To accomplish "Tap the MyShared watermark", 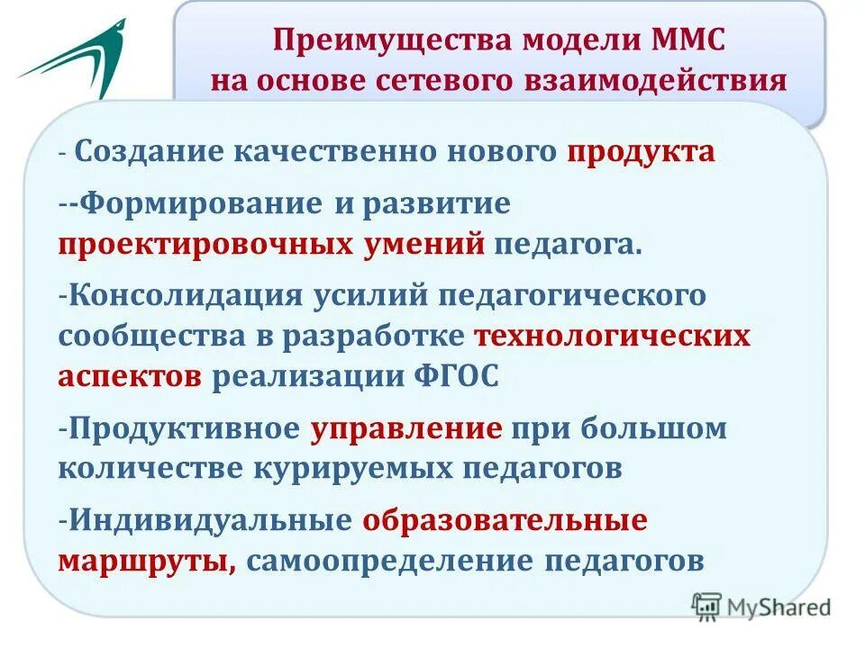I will [x=762, y=607].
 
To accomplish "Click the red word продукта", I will [x=641, y=152].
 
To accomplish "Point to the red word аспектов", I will [x=130, y=376].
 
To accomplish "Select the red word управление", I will [x=406, y=427].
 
